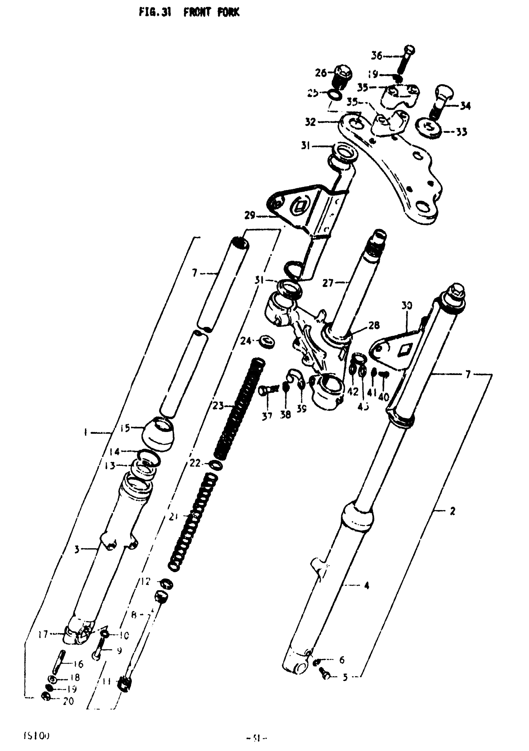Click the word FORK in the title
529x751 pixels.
click(228, 13)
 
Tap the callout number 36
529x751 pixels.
click(377, 56)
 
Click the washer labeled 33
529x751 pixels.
click(428, 128)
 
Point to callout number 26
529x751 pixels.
click(321, 73)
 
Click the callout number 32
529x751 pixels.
click(310, 122)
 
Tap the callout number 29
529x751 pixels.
click(250, 216)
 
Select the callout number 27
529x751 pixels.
click(328, 283)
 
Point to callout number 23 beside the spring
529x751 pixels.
click(218, 406)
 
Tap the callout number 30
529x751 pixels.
click(407, 306)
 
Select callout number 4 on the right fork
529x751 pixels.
click(367, 585)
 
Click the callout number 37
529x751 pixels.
click(267, 416)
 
